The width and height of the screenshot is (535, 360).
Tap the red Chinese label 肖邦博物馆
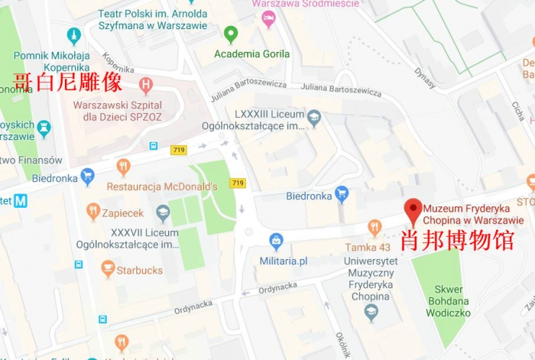tap(457, 241)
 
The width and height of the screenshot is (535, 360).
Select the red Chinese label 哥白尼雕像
tap(68, 83)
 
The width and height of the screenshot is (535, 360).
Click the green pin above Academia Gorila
tap(230, 34)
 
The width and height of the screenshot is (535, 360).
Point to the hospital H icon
tap(146, 86)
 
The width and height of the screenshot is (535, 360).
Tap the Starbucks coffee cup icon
tap(108, 269)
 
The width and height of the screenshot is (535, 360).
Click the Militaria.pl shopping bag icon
tap(276, 242)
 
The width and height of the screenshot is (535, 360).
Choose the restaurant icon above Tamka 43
tap(374, 227)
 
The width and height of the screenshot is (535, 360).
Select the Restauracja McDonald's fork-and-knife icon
tap(123, 167)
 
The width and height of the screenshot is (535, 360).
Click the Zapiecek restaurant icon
tap(93, 211)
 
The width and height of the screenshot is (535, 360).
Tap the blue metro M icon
tap(20, 201)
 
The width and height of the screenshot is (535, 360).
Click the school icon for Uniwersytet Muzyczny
tap(371, 311)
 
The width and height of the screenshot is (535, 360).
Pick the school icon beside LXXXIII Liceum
tap(313, 118)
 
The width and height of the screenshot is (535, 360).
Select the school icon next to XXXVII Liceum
tap(163, 212)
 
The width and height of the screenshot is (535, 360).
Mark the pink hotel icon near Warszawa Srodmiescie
tap(267, 19)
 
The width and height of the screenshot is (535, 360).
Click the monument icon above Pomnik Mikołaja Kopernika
tap(74, 35)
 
